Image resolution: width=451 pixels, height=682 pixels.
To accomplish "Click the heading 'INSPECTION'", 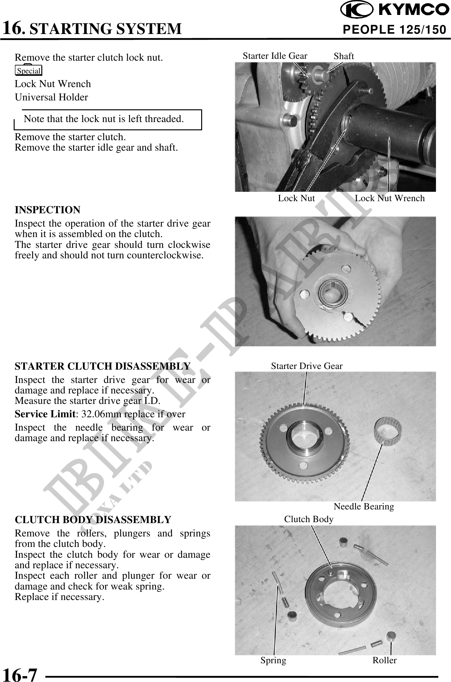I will click(48, 210).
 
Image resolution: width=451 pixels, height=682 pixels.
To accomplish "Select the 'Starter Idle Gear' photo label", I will click(275, 56).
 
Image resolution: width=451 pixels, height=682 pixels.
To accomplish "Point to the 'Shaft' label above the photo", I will click(344, 56).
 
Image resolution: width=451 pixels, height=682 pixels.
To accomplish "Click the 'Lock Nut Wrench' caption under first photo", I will click(390, 198).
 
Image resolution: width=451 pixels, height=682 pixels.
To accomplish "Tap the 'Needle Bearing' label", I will click(364, 506).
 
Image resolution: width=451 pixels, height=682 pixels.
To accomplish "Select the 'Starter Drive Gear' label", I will click(307, 366).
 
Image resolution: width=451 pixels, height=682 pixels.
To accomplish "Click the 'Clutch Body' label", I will click(309, 519).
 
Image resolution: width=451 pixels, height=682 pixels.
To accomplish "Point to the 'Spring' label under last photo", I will click(273, 660).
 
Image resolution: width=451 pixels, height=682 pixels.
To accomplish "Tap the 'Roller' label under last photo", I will click(385, 660).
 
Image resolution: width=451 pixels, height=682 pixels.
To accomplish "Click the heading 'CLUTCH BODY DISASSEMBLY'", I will click(93, 520).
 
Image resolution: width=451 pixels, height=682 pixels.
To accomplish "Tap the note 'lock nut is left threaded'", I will click(104, 119).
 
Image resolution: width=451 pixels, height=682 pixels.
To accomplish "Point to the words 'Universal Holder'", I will click(51, 97).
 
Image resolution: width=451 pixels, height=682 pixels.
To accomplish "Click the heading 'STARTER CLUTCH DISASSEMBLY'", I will click(102, 366).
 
